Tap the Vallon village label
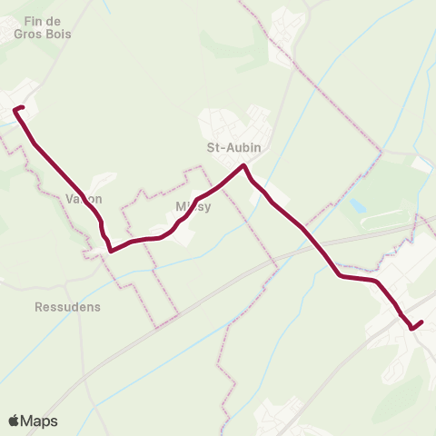(84, 199)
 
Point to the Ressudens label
(67, 307)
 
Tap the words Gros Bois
(42, 34)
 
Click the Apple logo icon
(15, 421)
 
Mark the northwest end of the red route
(16, 110)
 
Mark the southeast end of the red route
(421, 322)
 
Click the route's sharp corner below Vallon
(110, 250)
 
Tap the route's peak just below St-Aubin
(243, 165)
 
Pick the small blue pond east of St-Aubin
(357, 206)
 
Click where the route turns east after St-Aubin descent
(340, 274)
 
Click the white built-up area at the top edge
(288, 27)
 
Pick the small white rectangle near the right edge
(421, 163)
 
